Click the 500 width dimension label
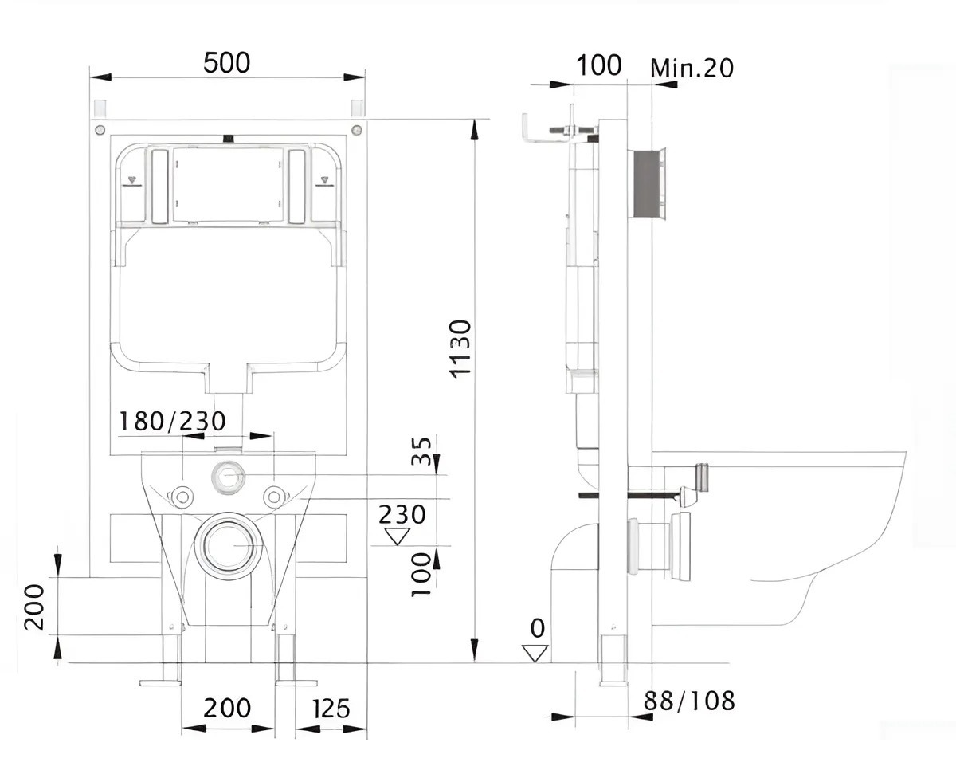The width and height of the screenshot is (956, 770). tap(226, 62)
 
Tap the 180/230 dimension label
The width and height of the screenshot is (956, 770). tap(172, 420)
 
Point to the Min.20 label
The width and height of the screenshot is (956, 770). tap(692, 68)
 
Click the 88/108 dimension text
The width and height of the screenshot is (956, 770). tap(690, 701)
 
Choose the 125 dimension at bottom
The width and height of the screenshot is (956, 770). tap(331, 708)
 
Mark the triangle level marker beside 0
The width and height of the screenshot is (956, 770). tap(536, 654)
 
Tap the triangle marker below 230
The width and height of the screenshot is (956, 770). tap(396, 536)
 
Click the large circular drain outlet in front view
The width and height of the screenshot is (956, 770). tap(230, 546)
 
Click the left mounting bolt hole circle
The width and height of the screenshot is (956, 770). tap(183, 497)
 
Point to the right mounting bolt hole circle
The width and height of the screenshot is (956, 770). tap(274, 497)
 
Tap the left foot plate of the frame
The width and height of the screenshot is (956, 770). tap(160, 682)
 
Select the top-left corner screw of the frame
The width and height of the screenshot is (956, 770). tap(99, 130)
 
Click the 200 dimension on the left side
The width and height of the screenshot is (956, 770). tap(33, 607)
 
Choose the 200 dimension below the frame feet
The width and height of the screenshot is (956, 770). tap(227, 708)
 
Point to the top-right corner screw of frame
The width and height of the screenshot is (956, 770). tap(356, 130)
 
